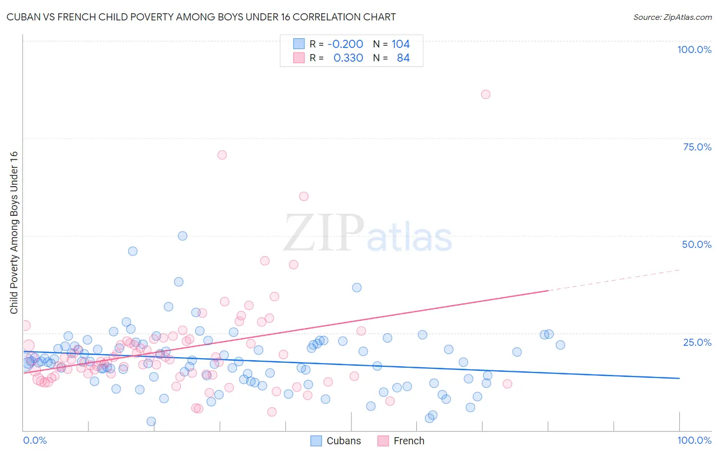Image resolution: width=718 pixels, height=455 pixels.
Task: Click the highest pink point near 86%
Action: (486, 94)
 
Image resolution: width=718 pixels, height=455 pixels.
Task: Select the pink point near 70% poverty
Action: (222, 155)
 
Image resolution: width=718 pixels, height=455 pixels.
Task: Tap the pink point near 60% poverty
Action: (304, 196)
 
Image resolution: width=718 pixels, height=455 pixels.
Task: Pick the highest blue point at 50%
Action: (182, 236)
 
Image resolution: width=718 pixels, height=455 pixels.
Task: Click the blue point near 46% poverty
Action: (133, 251)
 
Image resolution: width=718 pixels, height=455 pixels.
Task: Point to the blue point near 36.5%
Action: (357, 288)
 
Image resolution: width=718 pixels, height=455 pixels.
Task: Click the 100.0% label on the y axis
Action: (694, 49)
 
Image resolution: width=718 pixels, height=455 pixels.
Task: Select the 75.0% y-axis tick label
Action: (697, 147)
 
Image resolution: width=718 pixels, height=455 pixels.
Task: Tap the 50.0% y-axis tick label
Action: (697, 244)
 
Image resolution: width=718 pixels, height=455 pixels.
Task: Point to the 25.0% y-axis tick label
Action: (697, 342)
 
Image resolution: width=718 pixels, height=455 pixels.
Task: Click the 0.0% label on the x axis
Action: (35, 440)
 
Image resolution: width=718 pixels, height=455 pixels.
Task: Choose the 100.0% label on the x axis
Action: (694, 440)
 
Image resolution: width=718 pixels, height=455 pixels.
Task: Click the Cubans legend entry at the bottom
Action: (343, 441)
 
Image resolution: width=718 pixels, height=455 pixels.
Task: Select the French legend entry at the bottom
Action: (409, 441)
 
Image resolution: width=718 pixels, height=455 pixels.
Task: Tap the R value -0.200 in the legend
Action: (345, 44)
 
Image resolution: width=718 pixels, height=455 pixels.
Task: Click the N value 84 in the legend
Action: (403, 58)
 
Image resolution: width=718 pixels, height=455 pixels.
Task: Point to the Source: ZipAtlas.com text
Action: (672, 17)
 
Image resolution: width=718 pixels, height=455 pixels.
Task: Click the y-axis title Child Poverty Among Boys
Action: (14, 233)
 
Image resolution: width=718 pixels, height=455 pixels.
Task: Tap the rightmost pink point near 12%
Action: (507, 384)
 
